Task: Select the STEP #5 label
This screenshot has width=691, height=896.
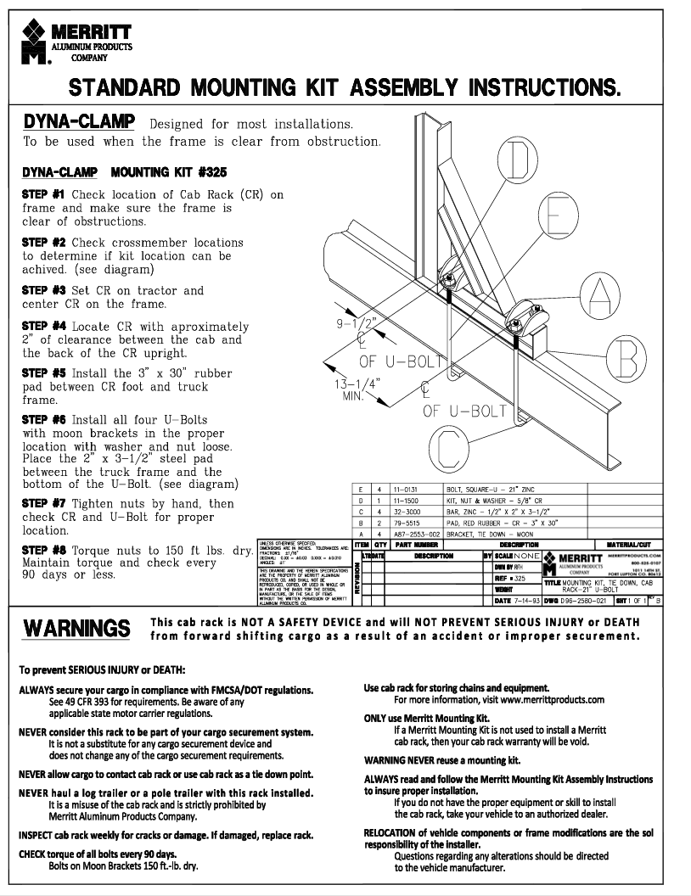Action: click(x=43, y=372)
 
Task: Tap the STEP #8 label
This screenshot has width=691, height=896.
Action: click(x=43, y=550)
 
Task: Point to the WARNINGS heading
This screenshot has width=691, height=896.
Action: click(x=77, y=629)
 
